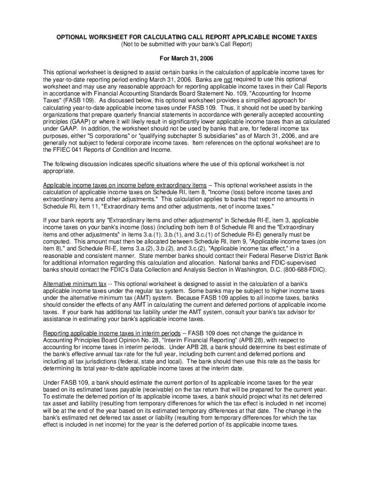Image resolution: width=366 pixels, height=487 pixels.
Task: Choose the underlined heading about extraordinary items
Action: pyautogui.click(x=125, y=185)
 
